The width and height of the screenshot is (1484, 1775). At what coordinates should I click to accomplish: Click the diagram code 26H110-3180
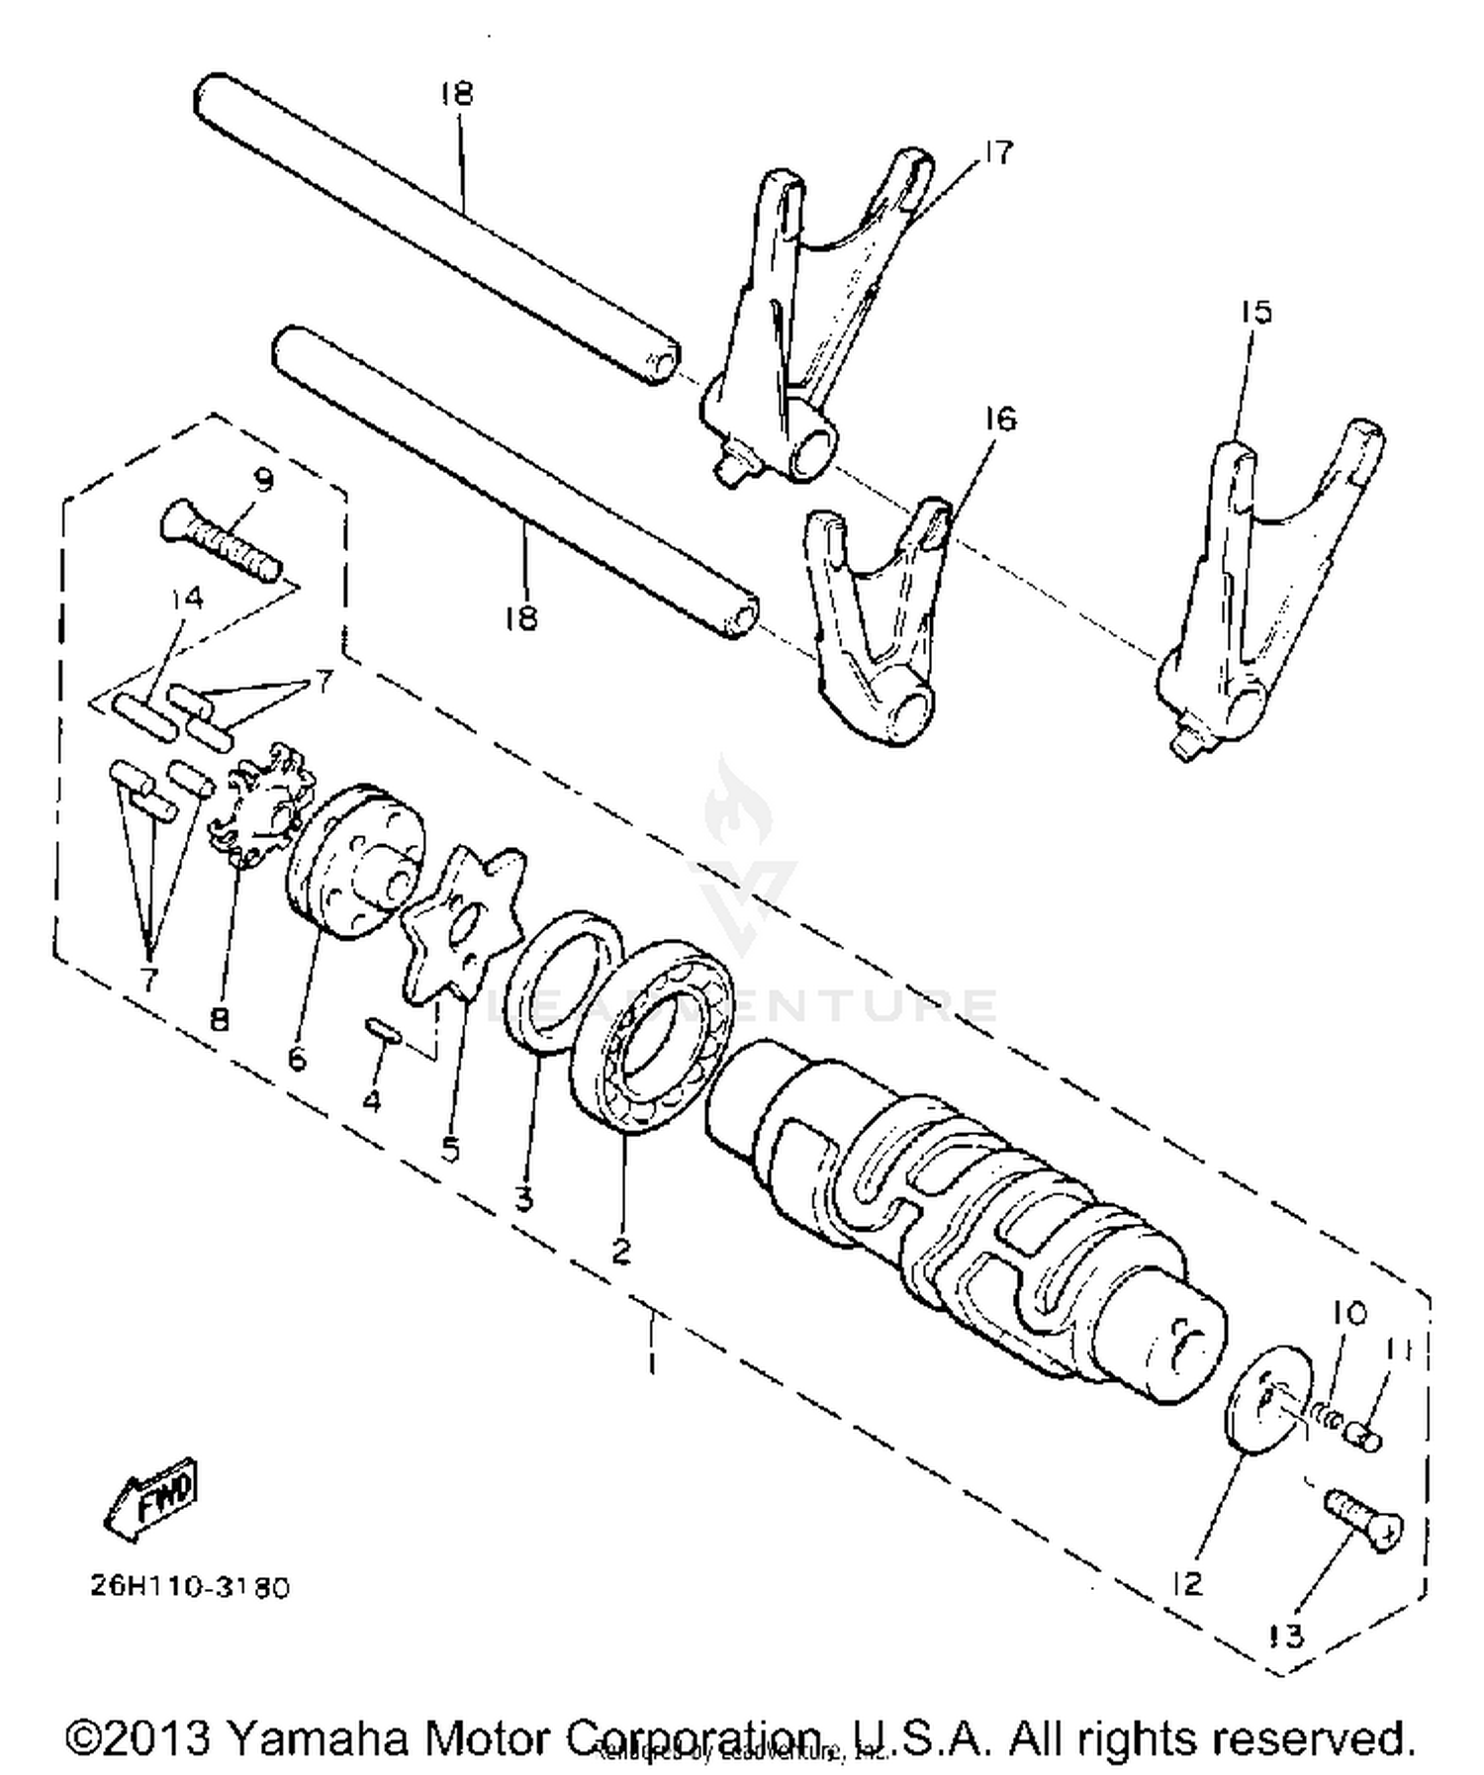191,1587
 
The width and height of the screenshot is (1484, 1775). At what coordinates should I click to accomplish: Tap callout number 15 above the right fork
1253,313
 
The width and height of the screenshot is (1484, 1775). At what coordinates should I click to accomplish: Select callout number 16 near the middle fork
999,419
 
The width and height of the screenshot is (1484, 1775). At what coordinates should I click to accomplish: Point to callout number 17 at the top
996,153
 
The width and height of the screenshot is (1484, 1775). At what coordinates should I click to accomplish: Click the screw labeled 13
1361,1520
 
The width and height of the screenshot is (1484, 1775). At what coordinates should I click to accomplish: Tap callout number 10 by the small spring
1348,1314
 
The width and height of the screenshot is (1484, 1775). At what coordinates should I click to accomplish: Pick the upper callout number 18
457,94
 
